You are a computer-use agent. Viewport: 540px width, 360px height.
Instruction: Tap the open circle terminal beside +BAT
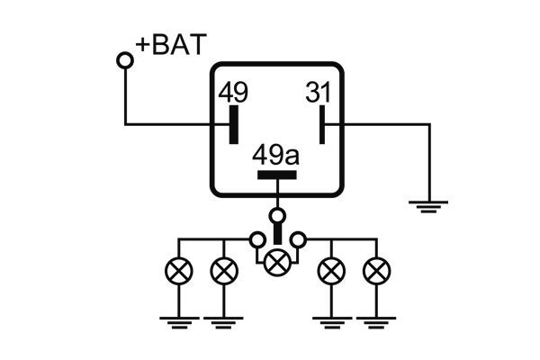(125, 60)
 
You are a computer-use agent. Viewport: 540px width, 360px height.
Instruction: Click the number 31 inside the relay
(319, 93)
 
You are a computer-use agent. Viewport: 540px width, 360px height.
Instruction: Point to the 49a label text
(276, 156)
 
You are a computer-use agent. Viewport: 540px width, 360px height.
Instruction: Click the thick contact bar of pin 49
(233, 123)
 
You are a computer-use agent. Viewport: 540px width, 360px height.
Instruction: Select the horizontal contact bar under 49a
(276, 175)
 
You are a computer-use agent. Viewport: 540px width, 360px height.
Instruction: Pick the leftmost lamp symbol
(177, 269)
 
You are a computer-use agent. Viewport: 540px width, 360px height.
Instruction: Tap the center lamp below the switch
(279, 261)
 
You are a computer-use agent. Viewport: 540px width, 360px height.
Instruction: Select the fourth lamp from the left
(332, 269)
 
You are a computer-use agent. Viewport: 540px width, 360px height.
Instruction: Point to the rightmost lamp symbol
(375, 269)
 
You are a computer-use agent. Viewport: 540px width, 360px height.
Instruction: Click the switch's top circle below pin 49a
(278, 216)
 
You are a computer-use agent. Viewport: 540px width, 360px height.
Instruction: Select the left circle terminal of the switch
(257, 239)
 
